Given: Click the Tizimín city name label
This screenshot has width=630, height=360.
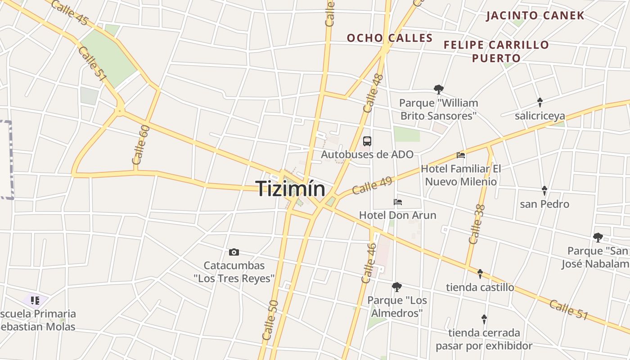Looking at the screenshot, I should [x=291, y=188].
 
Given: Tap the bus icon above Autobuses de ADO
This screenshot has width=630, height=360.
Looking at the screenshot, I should [x=367, y=141].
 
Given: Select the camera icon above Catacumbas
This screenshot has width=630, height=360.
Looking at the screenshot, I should [x=234, y=252].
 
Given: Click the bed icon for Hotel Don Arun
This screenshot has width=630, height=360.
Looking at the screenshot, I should [x=398, y=202].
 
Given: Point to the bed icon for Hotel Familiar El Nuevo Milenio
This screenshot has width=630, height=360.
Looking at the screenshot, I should [x=461, y=155].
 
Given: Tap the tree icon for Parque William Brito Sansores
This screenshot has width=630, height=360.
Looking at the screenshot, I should [x=438, y=89].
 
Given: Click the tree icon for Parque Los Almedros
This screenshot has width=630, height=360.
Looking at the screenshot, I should [x=396, y=287].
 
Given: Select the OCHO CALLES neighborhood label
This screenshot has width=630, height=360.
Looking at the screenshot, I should [x=390, y=38].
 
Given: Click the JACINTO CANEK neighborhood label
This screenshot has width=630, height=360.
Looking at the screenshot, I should [x=535, y=16].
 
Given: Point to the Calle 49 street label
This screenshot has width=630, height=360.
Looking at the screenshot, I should [x=372, y=185].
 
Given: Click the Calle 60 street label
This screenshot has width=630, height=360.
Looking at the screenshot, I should [x=140, y=145].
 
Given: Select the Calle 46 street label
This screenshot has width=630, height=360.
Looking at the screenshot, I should [x=369, y=263].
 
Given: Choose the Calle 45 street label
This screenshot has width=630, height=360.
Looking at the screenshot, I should [x=70, y=13].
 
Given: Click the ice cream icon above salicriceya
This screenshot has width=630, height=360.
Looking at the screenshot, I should [x=540, y=102].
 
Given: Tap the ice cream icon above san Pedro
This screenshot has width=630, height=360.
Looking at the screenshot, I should [x=544, y=190].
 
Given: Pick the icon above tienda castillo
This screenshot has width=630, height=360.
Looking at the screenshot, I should [x=480, y=274].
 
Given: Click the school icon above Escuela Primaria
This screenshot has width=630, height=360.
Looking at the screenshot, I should [x=35, y=300].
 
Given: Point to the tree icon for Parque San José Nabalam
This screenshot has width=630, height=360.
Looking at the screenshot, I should [x=598, y=237].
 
